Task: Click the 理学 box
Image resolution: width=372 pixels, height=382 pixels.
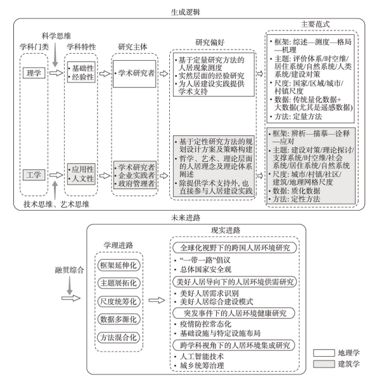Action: coord(34,73)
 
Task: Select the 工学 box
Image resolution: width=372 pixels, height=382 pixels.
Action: coord(34,175)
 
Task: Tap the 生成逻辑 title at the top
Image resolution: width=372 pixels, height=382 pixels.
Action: coord(186,12)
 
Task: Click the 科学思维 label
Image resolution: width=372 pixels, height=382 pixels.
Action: coord(56,36)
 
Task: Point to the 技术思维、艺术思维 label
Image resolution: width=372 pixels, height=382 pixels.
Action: coord(56,204)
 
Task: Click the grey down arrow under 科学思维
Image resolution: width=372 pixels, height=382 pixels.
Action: coord(55,54)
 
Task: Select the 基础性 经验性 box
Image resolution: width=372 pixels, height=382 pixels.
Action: coord(81,72)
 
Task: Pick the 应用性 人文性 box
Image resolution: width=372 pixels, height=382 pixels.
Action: coord(81,174)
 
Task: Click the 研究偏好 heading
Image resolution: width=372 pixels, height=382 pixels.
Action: coord(210,42)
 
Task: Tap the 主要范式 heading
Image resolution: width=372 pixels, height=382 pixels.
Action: coord(316,24)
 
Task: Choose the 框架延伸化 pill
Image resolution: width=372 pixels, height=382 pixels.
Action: coord(119,265)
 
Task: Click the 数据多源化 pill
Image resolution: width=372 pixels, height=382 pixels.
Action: coord(119,319)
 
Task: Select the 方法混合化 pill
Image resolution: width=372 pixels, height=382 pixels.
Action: coord(119,338)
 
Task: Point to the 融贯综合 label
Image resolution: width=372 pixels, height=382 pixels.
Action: coord(69,270)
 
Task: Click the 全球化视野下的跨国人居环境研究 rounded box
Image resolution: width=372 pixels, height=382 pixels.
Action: coord(234,248)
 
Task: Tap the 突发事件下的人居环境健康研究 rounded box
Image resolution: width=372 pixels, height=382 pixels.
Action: coord(234,313)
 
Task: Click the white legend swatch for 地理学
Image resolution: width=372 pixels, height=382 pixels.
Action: coord(324,353)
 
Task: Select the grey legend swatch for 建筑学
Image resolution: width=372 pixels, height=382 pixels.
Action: coord(324,364)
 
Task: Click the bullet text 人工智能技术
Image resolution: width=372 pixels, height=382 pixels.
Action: coord(202,357)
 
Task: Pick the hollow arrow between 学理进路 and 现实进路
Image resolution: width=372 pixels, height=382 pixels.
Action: coord(157,300)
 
